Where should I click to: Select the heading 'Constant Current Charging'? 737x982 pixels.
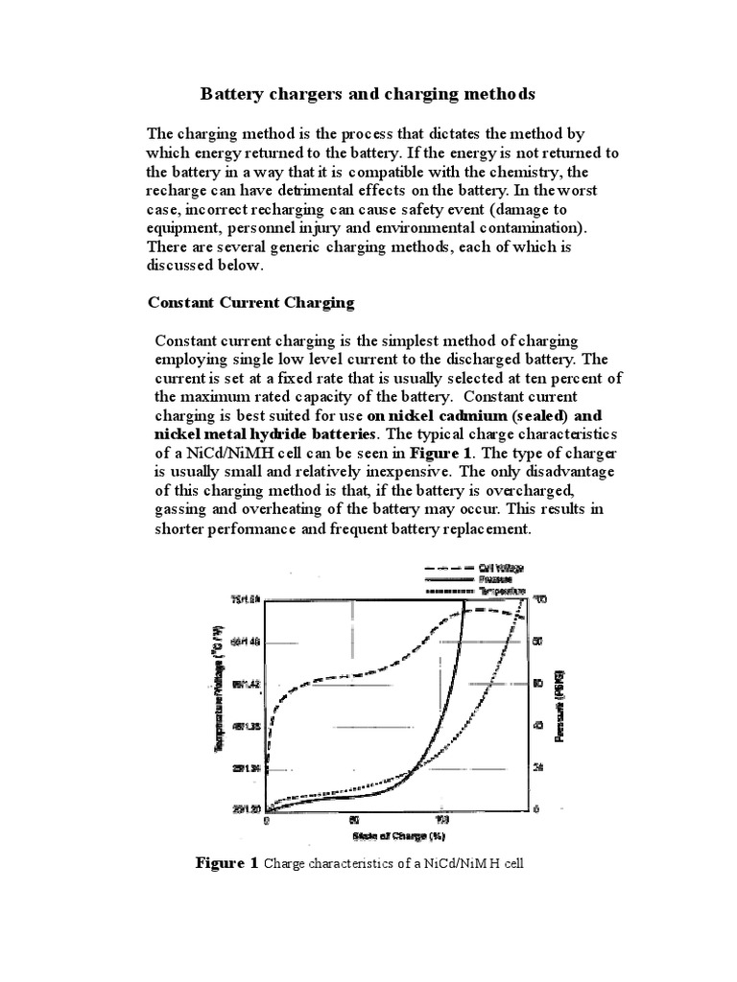point(250,302)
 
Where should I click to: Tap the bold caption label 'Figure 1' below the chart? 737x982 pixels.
point(226,864)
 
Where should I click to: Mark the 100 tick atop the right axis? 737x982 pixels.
point(539,600)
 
